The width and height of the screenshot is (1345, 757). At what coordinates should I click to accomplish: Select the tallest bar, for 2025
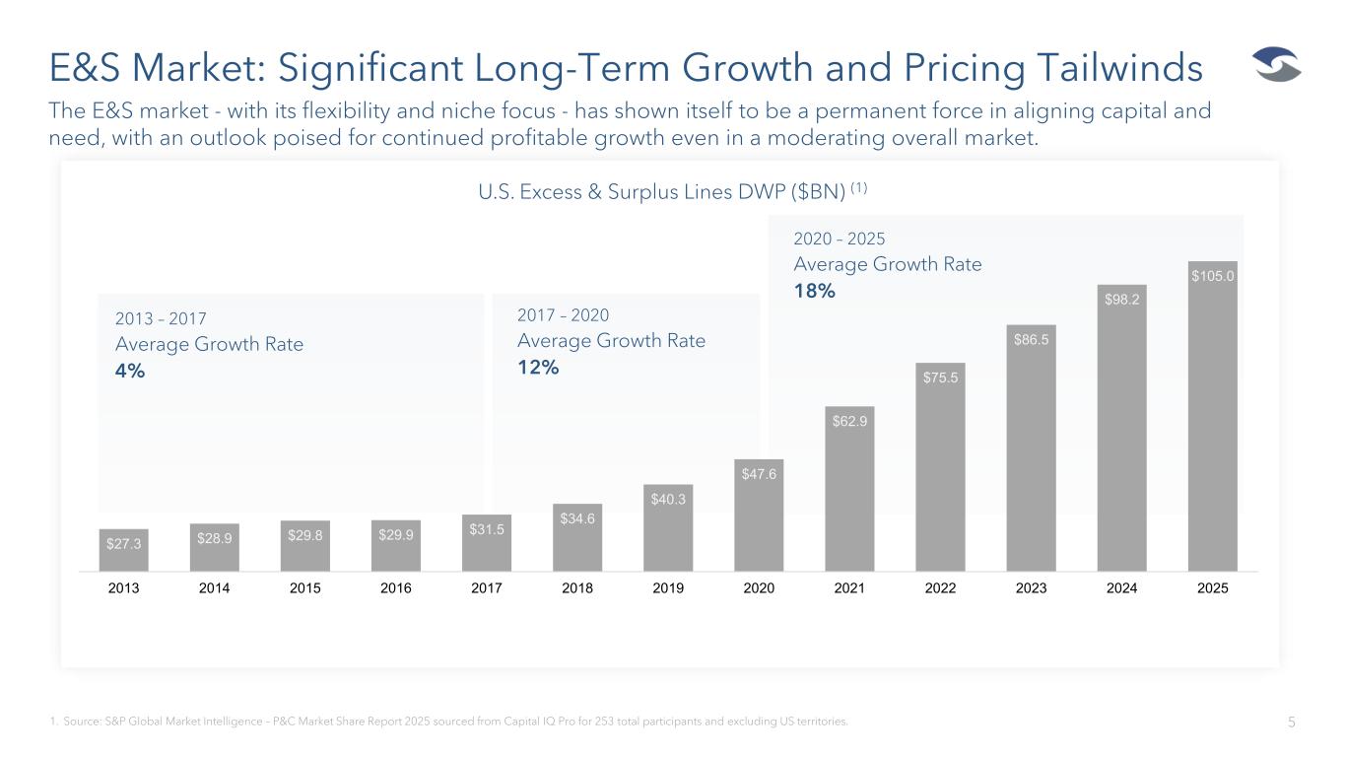point(1212,434)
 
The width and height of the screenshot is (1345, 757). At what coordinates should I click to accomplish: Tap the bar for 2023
point(1031,453)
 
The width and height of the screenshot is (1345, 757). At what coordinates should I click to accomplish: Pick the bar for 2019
point(668,532)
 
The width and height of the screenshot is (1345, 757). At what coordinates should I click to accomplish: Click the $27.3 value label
point(124,541)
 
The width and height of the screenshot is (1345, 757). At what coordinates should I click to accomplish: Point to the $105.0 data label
point(1212,277)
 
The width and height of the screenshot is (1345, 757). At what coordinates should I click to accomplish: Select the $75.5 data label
point(940,377)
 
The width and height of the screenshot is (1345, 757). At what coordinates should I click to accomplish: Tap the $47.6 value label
point(759,473)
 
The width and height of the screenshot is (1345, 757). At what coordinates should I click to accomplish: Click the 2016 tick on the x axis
point(396,588)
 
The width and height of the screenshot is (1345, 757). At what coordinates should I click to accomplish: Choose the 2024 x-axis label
point(1121,588)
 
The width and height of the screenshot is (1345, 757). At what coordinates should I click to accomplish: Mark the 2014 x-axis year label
point(215,588)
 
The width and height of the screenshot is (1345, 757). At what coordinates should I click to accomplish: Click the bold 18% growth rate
point(814,291)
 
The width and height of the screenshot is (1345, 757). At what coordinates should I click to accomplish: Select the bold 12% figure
point(538,368)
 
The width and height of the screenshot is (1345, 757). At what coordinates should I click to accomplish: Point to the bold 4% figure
point(130,371)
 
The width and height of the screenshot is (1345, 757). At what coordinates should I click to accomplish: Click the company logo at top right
point(1276,67)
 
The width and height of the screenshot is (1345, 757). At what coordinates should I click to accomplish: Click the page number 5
point(1291,722)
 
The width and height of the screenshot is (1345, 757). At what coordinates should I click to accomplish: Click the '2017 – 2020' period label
point(563,315)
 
